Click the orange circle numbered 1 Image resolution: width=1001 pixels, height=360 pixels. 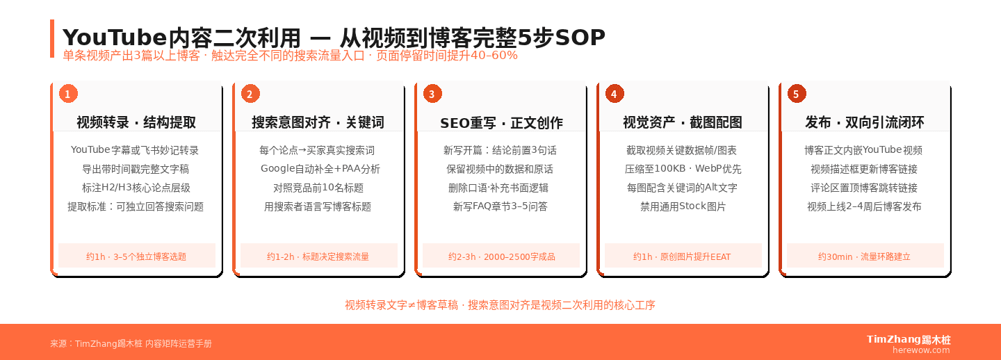click(67, 94)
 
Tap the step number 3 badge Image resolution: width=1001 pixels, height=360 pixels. click(432, 94)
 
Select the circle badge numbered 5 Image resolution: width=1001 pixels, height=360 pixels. click(796, 94)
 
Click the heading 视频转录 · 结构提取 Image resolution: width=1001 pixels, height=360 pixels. click(136, 123)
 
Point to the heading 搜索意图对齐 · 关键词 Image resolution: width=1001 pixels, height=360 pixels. click(318, 123)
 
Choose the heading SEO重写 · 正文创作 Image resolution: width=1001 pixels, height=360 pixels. click(501, 123)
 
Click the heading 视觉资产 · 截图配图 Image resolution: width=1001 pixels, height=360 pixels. click(683, 123)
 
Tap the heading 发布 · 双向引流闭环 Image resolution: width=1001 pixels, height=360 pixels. click(865, 123)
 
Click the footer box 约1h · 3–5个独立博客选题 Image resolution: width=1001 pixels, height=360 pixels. click(136, 256)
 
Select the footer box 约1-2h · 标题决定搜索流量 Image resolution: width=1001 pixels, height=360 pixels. click(318, 256)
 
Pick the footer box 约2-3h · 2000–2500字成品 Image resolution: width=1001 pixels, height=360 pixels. click(501, 256)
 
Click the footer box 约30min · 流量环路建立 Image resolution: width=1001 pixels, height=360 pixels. click(865, 256)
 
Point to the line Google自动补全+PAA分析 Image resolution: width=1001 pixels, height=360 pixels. click(320, 169)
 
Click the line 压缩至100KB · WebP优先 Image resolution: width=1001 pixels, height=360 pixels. click(683, 169)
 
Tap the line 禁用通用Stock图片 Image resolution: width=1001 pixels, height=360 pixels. click(683, 206)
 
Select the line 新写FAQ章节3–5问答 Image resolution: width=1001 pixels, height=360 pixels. click(500, 206)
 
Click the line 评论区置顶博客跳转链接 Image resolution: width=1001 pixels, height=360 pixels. click(864, 188)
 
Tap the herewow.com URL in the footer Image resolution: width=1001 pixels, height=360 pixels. click(921, 350)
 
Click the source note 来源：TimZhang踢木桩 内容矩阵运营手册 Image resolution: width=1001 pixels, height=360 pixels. click(131, 343)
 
